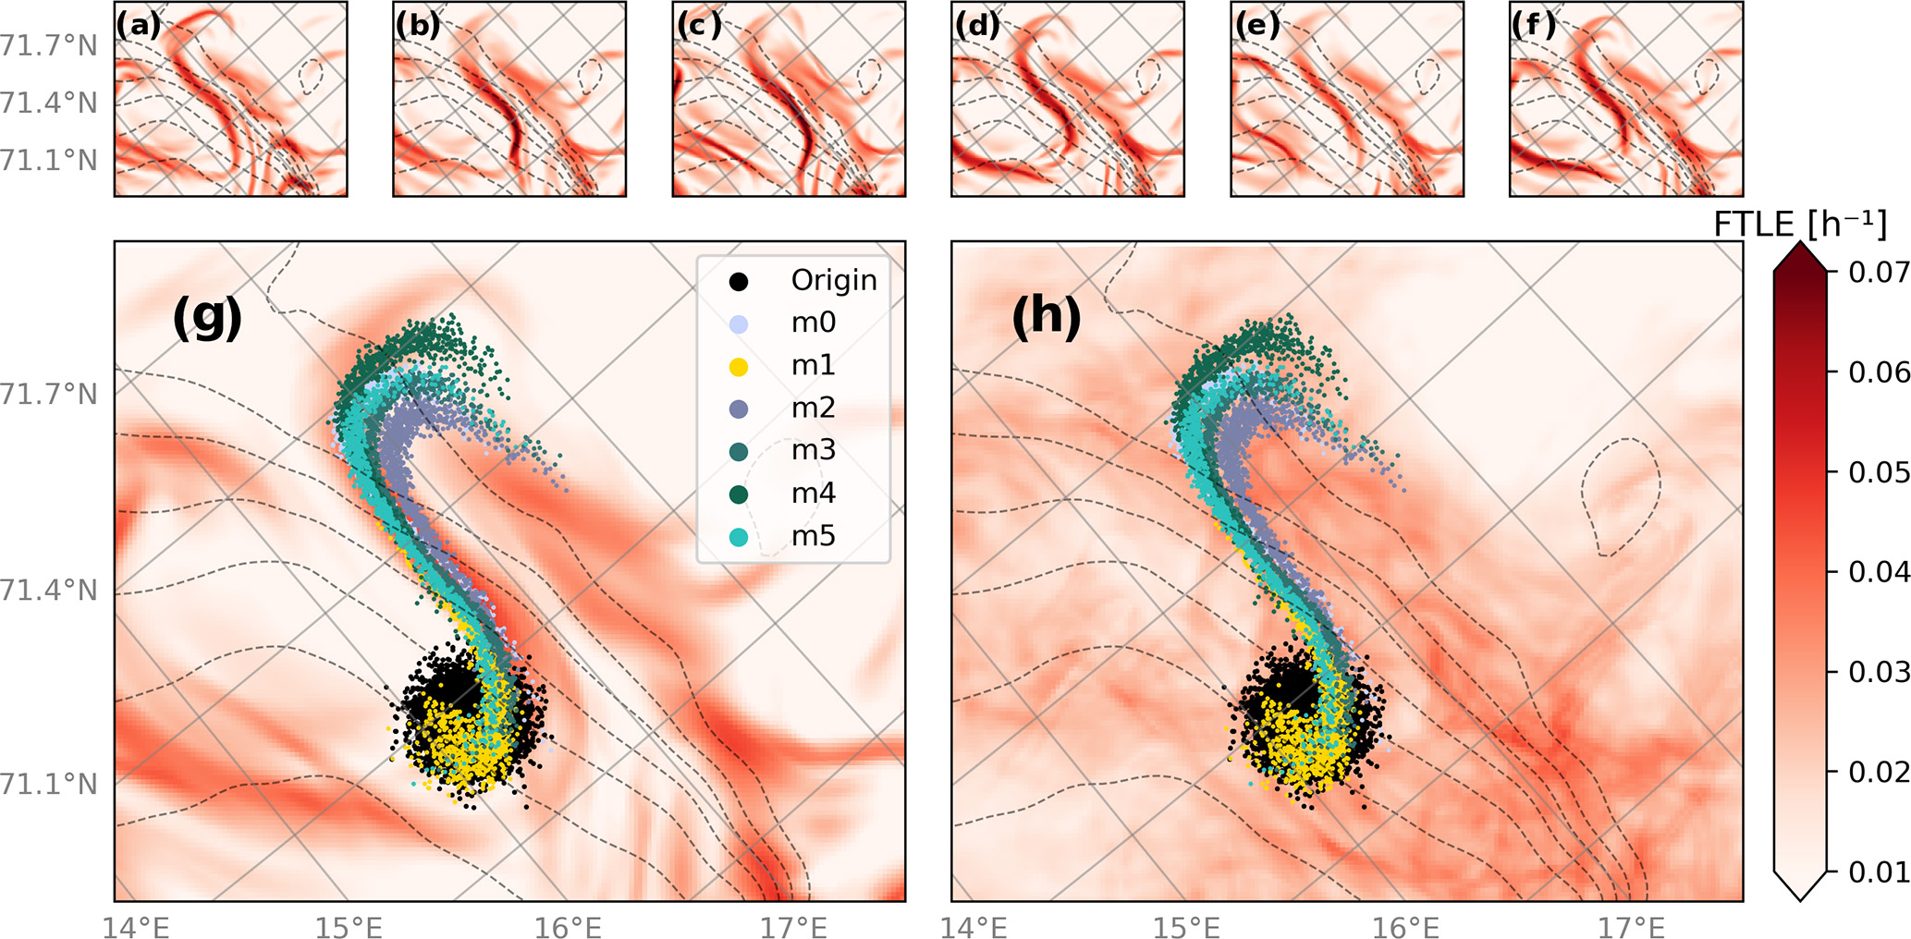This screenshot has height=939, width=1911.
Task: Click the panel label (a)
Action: click(x=138, y=25)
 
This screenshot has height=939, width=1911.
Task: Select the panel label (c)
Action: click(x=698, y=25)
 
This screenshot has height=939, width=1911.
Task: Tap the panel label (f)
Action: click(x=1534, y=25)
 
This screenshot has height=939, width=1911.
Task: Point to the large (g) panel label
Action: click(x=207, y=317)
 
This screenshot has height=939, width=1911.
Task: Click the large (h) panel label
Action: click(x=1046, y=317)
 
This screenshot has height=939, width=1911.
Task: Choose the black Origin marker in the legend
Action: click(x=739, y=281)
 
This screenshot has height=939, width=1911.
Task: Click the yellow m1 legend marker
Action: click(x=739, y=366)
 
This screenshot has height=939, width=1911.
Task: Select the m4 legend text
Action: click(x=814, y=494)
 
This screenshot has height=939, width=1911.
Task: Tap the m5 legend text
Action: click(x=814, y=536)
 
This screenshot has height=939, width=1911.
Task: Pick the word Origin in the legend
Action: click(x=834, y=280)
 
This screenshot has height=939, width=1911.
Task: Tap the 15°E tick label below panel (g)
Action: click(x=349, y=926)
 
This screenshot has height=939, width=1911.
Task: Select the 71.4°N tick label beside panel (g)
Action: click(x=48, y=590)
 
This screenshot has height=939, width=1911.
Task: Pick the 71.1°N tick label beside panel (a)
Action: click(x=48, y=160)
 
